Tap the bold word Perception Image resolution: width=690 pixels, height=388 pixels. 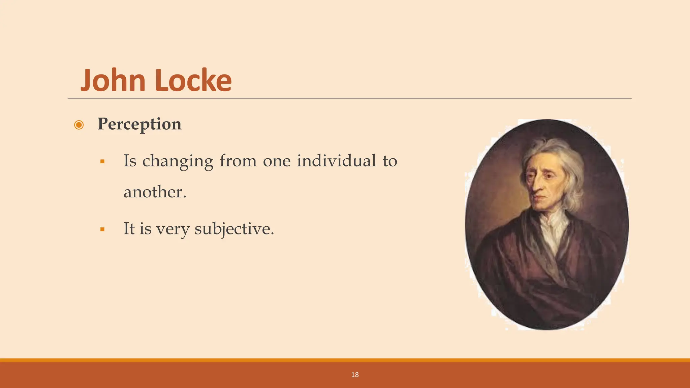[139, 124]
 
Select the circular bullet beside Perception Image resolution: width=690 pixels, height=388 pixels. [79, 125]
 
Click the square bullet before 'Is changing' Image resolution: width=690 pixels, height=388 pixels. [102, 162]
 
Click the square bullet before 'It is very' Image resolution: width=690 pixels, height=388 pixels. [102, 230]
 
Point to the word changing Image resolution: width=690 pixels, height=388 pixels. [178, 161]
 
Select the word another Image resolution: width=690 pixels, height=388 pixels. [155, 192]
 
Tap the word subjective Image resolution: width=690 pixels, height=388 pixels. [234, 229]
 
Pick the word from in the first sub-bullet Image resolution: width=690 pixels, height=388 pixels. [238, 161]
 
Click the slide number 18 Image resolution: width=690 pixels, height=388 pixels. [355, 375]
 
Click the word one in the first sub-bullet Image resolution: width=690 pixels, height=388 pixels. [276, 161]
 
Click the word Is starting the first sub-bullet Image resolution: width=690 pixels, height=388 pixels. [130, 161]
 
